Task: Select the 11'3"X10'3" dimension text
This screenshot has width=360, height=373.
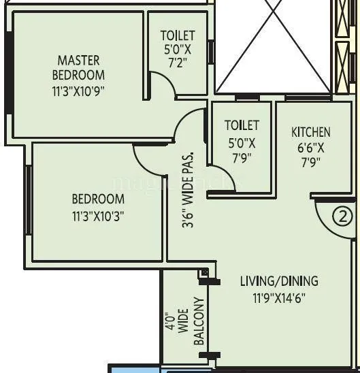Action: pyautogui.click(x=98, y=216)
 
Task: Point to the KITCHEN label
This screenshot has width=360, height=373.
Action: pyautogui.click(x=311, y=132)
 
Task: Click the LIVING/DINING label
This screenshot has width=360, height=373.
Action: pyautogui.click(x=279, y=281)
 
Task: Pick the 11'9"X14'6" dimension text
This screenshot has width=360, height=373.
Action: pyautogui.click(x=279, y=297)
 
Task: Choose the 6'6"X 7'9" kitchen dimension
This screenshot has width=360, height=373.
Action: pyautogui.click(x=311, y=155)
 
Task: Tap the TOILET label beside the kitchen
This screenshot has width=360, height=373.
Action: pyautogui.click(x=242, y=125)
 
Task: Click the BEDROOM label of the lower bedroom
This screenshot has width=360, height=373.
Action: pyautogui.click(x=98, y=199)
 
